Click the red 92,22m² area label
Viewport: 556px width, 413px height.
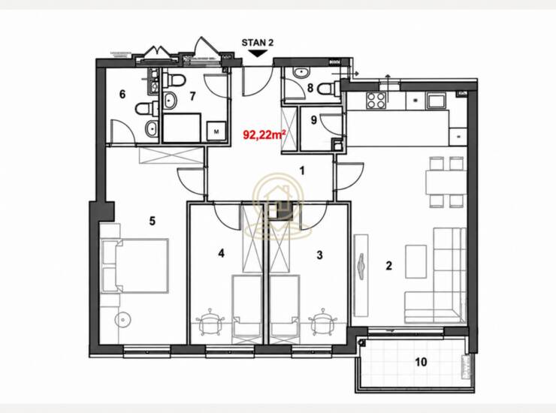click(264, 134)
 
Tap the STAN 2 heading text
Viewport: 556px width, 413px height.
click(258, 43)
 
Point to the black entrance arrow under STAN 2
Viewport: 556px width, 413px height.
click(258, 53)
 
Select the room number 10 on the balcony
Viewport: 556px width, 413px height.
click(421, 362)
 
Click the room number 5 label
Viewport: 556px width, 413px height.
click(152, 222)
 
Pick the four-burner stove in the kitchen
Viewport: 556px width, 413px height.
click(376, 100)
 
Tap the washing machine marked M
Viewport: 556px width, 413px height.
click(216, 131)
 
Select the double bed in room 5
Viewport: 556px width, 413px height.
click(135, 266)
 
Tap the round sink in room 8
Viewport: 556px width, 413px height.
click(301, 72)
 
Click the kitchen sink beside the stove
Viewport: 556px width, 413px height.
click(437, 101)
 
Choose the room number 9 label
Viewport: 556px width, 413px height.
click(313, 120)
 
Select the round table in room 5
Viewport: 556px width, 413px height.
click(122, 320)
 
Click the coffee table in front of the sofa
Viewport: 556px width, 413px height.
click(416, 261)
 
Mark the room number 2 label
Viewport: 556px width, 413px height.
click(388, 266)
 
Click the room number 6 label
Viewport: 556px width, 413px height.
click(122, 95)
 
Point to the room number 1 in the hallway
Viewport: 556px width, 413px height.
click(302, 171)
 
